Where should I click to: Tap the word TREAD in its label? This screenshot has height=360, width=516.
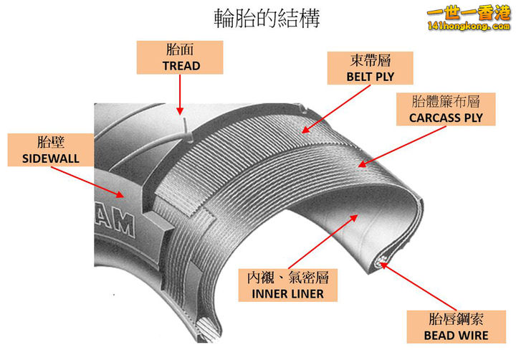point(181,65)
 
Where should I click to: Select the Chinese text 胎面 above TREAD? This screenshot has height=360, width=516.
point(181,50)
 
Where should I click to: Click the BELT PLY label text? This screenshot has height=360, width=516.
point(370,76)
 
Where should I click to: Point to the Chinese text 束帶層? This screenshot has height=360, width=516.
point(370,60)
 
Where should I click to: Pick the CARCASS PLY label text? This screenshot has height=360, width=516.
point(446,117)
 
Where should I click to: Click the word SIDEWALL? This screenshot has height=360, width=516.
point(44,157)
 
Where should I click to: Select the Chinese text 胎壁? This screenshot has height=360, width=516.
point(44,141)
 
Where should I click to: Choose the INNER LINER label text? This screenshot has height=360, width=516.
point(287,293)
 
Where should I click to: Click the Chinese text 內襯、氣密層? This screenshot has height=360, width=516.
point(287,278)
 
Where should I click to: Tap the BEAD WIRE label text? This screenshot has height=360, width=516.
point(456,334)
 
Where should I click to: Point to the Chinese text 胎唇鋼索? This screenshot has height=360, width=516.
point(456,318)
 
